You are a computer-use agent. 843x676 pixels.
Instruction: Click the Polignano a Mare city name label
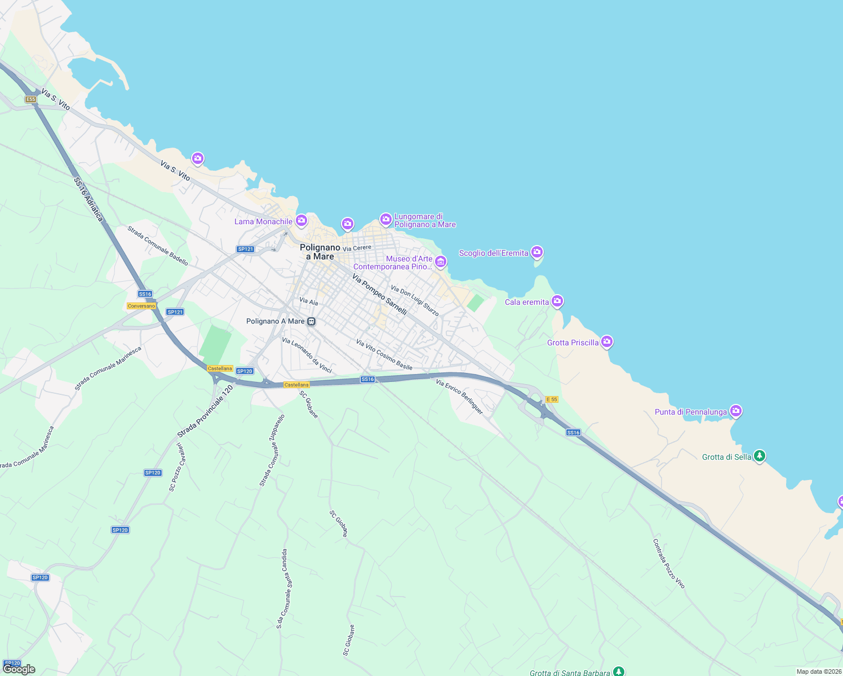coord(320,252)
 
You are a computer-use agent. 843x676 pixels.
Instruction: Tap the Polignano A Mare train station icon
coord(311,322)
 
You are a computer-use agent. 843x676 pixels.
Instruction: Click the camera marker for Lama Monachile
coord(301,220)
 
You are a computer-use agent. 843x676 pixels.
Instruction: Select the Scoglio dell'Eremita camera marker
coord(537,252)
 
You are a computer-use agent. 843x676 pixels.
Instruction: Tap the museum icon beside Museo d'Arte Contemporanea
coord(441,261)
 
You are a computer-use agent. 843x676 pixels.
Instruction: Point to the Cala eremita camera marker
coord(557,301)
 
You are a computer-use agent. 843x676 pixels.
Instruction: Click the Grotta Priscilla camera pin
coord(607,341)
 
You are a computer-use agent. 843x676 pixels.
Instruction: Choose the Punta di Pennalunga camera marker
coord(735,411)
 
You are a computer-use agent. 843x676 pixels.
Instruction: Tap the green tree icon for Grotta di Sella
coord(760,456)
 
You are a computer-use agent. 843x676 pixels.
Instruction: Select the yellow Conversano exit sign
coord(141,306)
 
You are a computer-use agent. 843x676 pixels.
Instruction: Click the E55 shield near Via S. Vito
coord(30,99)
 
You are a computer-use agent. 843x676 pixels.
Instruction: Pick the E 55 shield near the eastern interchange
coord(552,399)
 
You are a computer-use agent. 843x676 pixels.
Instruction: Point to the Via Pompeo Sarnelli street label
coord(379,294)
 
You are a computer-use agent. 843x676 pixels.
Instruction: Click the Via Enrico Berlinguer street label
coord(459,397)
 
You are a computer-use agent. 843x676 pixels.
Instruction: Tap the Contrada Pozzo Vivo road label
coord(669,563)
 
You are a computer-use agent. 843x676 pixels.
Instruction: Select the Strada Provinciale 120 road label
coord(205,412)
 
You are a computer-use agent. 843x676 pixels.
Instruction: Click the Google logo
coord(19,669)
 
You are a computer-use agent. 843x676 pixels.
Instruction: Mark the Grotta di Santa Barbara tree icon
coord(619,671)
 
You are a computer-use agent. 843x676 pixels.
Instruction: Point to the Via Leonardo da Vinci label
coord(307,355)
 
